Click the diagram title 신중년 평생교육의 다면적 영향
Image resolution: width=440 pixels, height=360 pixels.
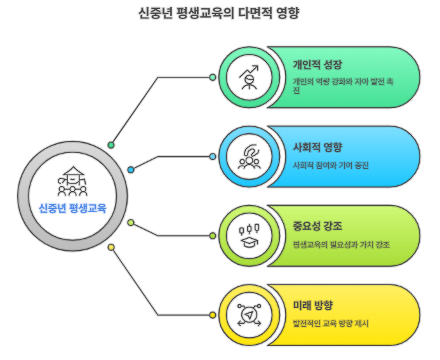point(220,13)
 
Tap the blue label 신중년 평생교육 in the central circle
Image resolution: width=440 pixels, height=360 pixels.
point(72,208)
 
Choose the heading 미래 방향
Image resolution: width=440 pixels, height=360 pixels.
point(313,305)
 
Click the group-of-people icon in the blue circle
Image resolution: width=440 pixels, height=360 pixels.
point(249,156)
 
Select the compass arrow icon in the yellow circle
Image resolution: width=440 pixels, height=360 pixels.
point(249,314)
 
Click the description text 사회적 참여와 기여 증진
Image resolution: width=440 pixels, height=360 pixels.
point(330,166)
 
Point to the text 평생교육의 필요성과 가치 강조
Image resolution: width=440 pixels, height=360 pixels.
point(341,244)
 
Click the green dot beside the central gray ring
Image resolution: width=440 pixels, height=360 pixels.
point(111,145)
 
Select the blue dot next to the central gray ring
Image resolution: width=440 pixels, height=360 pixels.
point(131,170)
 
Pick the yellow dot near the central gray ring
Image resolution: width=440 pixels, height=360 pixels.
point(111,247)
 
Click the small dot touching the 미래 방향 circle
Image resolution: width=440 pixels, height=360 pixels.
point(213,314)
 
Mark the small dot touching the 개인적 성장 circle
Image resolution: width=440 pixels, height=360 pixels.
point(213,77)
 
